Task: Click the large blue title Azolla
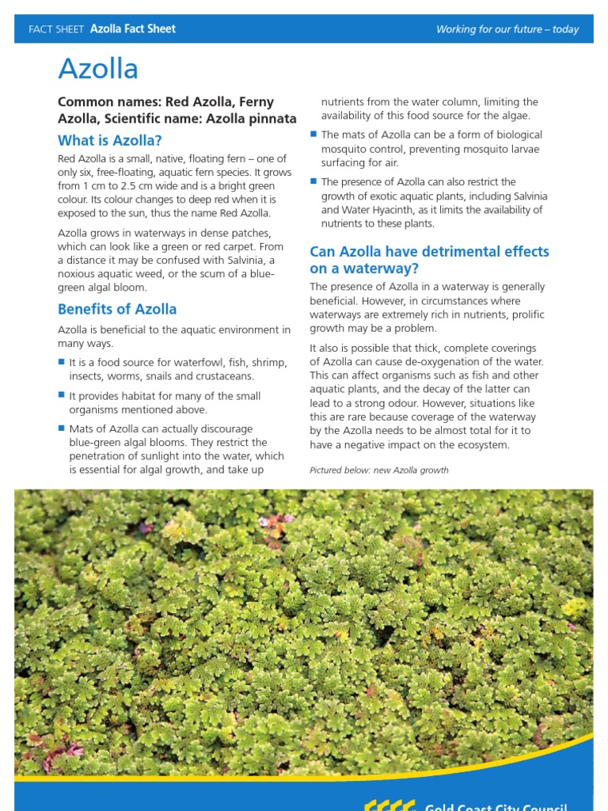coord(98,69)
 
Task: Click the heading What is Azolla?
coord(109,140)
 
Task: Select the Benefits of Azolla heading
coord(117,309)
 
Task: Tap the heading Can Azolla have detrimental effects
coord(429,252)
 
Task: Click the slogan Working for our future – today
coord(507,29)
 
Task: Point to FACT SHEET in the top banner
coord(55,29)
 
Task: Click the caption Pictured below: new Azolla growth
coord(379,470)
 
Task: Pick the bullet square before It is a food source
coord(61,361)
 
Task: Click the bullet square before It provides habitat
coord(61,394)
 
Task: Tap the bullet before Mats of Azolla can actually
coord(61,428)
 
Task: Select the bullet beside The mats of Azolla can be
coord(313,134)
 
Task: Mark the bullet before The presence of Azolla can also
coord(313,181)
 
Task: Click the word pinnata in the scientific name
coord(271,119)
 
